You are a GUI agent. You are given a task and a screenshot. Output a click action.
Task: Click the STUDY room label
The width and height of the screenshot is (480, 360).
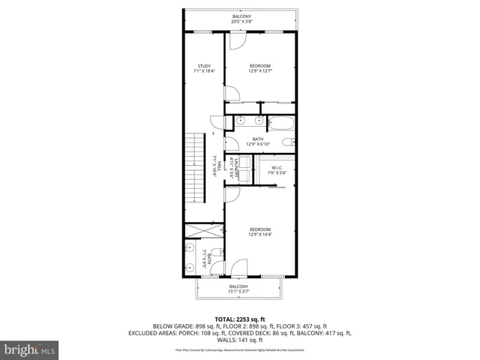click(204, 66)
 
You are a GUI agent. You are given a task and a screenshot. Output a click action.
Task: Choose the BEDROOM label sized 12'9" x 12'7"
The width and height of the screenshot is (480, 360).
click(259, 66)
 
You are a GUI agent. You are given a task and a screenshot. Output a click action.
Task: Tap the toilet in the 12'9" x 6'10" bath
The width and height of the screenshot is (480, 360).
click(287, 142)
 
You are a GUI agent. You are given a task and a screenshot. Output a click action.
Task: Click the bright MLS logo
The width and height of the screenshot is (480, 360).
click(29, 349)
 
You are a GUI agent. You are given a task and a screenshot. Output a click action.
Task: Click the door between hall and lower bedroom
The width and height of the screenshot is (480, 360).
click(232, 196)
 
